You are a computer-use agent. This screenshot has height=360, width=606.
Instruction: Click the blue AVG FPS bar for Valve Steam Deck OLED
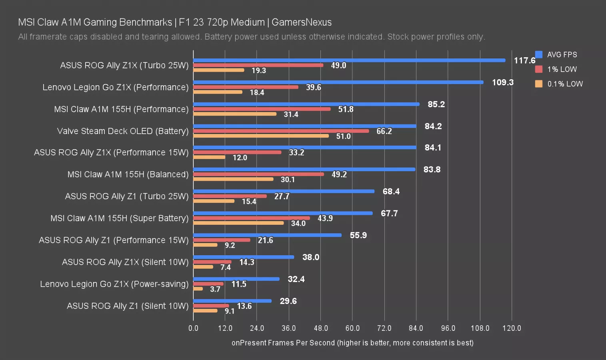point(305,126)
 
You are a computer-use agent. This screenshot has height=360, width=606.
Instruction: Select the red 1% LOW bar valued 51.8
point(262,109)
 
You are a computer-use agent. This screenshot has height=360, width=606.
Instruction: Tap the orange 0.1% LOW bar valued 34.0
point(238,223)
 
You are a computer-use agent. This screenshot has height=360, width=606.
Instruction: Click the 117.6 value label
point(524,60)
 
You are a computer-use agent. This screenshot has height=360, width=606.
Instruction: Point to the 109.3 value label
point(502,82)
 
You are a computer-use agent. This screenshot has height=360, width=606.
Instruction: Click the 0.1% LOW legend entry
point(559,84)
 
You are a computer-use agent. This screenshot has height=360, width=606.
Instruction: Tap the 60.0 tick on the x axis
point(352,328)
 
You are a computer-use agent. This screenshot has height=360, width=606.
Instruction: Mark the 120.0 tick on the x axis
point(512,328)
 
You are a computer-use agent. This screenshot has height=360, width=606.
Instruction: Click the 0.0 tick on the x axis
point(193,328)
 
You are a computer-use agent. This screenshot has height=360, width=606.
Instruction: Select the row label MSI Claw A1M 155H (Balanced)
point(128,174)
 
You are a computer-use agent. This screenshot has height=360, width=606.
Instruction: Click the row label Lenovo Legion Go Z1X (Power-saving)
point(114,284)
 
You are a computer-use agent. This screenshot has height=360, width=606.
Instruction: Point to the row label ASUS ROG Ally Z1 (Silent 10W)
point(128,306)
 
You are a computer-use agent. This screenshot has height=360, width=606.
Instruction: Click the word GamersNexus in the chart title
point(302,22)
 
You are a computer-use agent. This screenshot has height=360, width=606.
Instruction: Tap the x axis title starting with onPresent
point(352,343)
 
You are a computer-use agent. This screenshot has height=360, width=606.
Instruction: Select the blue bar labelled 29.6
point(232,301)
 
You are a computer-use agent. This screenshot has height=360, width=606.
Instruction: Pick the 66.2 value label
point(384,131)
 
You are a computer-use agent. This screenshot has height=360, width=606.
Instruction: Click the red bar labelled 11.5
point(208,284)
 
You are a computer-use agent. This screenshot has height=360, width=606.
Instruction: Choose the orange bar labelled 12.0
point(209,157)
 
